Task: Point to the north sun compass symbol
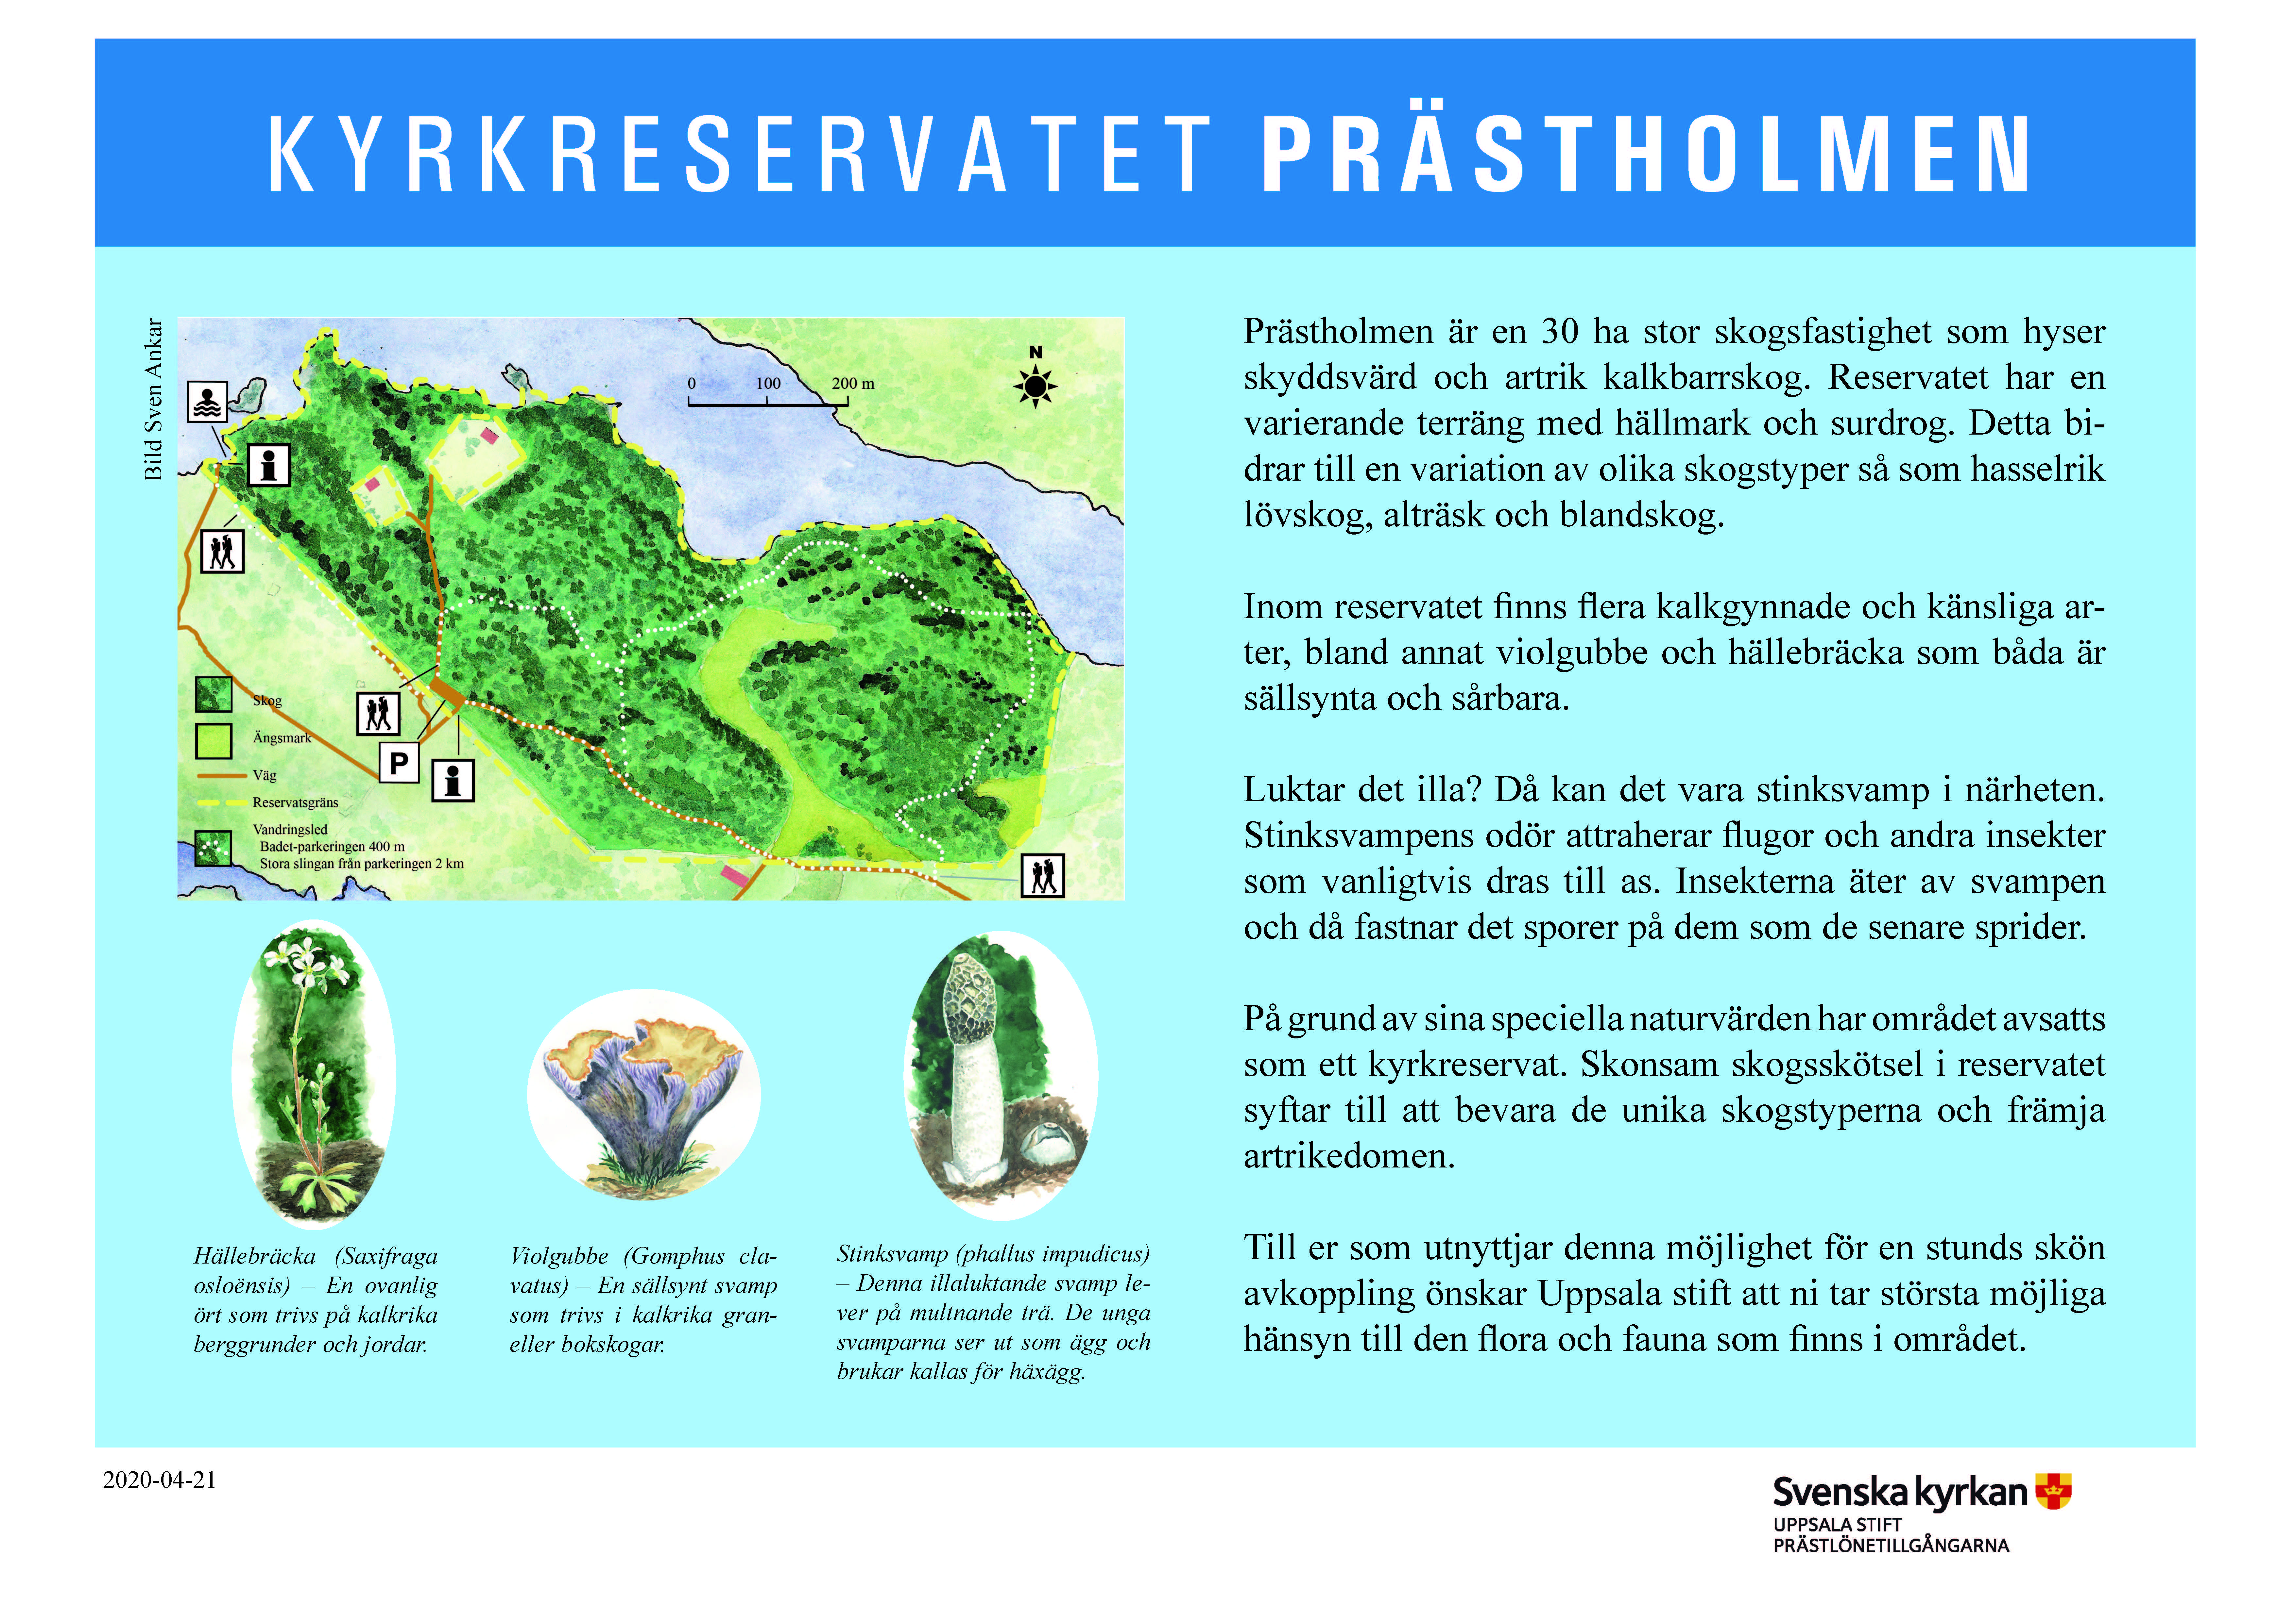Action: pyautogui.click(x=1035, y=385)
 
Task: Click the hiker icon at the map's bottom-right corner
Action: pyautogui.click(x=1043, y=876)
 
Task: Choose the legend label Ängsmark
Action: pyautogui.click(x=282, y=738)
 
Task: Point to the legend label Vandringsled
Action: pyautogui.click(x=290, y=829)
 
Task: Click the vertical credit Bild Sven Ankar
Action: pyautogui.click(x=153, y=400)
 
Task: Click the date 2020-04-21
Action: pyautogui.click(x=160, y=1480)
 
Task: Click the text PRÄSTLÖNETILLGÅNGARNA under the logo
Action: pyautogui.click(x=1890, y=1545)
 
